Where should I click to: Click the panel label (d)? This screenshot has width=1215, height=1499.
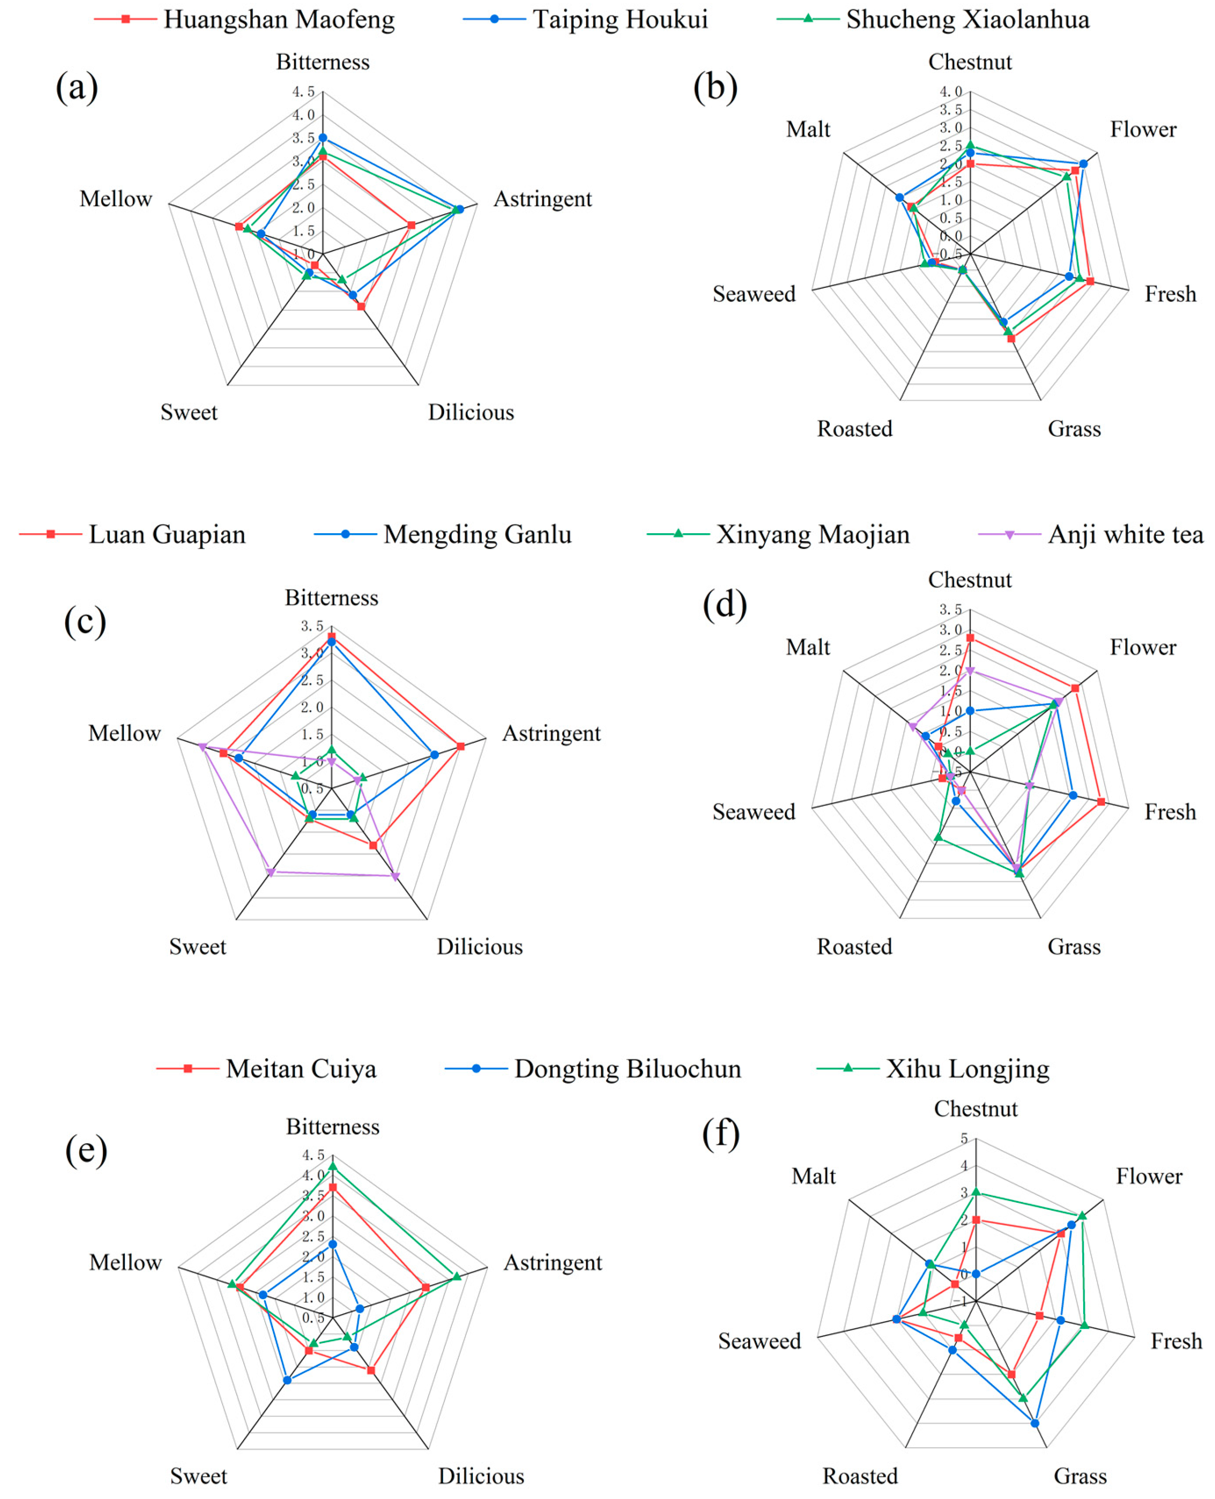coord(724,604)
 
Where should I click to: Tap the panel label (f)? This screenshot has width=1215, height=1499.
coord(721,1133)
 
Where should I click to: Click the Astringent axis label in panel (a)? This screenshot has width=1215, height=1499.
coord(542,199)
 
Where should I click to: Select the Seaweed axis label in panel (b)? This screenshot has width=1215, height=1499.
coord(754,294)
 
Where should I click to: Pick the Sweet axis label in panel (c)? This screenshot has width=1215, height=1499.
coord(198,947)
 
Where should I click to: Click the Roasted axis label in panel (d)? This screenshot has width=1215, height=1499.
coord(854,947)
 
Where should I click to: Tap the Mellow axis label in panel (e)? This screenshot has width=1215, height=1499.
coord(125,1262)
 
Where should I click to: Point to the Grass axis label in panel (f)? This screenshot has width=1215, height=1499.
coord(1080,1476)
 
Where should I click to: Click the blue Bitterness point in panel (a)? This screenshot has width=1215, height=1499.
coord(323,138)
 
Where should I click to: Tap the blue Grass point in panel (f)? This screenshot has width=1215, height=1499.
coord(1034,1423)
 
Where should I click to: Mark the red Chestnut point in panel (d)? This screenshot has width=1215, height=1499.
coord(970,638)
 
